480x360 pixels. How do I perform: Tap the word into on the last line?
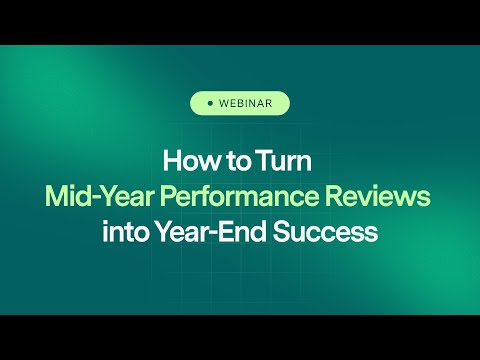pyautogui.click(x=122, y=232)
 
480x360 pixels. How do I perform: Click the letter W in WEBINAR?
pyautogui.click(x=223, y=103)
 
